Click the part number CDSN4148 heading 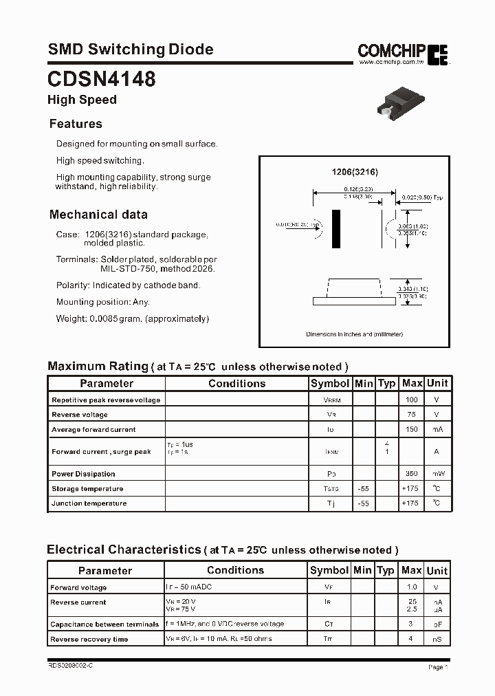point(101,78)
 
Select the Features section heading point(76,124)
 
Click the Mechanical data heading point(98,214)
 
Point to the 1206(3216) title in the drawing point(355,172)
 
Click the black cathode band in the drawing point(336,229)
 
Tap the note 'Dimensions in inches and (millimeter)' point(354,334)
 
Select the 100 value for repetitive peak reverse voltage point(412,400)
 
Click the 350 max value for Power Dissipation point(412,474)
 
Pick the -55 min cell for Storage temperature point(364,488)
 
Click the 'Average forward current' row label point(93,430)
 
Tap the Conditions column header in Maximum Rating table point(236,383)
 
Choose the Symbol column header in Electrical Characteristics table point(329,570)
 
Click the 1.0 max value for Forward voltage point(412,587)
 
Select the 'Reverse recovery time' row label point(89,640)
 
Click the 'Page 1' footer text point(438,667)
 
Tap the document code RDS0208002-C point(69,666)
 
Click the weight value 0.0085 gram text point(132,318)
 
